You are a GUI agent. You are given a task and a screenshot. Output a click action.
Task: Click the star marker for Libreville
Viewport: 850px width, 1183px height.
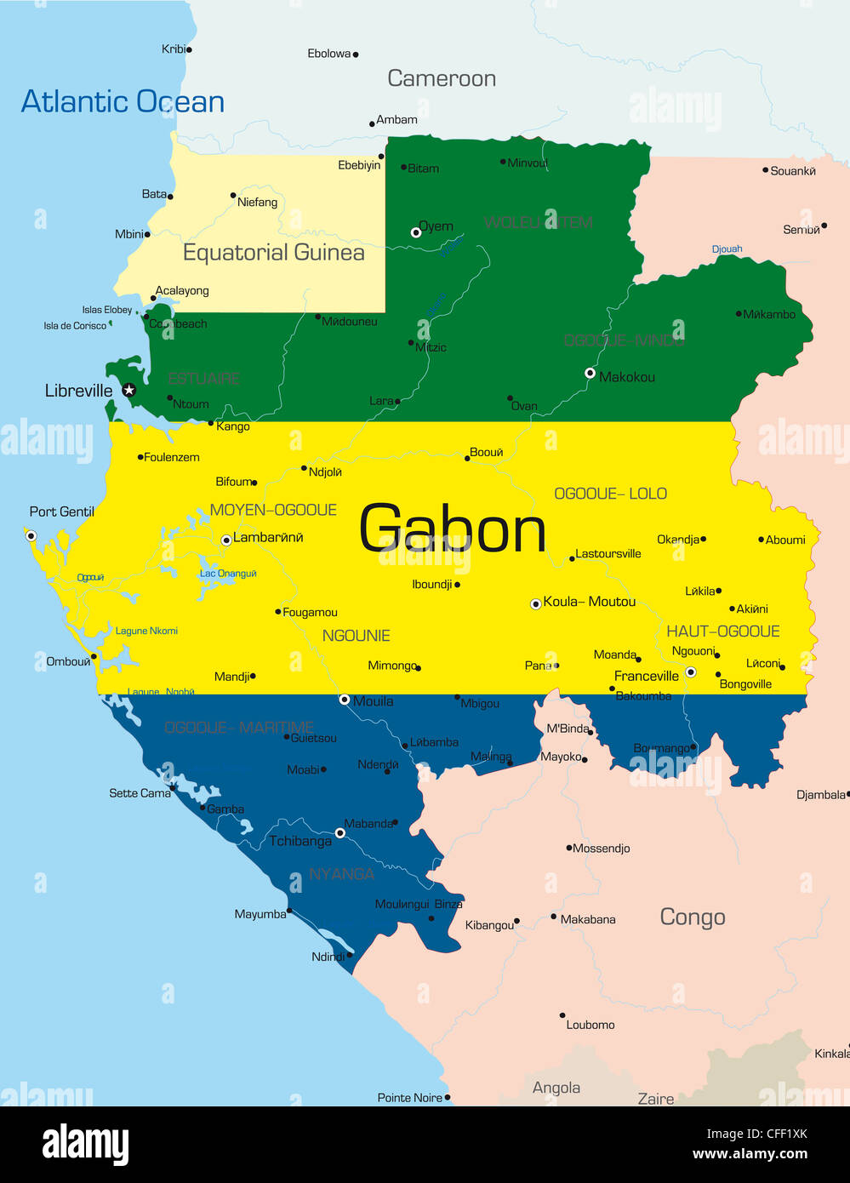(x=128, y=390)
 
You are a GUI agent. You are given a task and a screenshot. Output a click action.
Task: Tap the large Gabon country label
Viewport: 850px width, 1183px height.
(x=452, y=529)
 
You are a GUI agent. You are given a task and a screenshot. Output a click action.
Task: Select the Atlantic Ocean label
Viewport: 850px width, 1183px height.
(x=123, y=102)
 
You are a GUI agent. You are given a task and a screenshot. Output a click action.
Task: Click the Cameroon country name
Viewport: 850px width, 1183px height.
(x=441, y=78)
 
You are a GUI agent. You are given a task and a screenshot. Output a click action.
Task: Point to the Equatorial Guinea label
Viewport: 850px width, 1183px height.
(x=273, y=253)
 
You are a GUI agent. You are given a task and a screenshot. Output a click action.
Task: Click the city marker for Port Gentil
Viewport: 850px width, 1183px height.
(x=31, y=535)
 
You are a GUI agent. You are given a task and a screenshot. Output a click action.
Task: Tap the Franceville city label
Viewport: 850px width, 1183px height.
(x=646, y=676)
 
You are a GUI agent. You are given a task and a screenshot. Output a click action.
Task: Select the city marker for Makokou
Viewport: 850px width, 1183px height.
(x=590, y=373)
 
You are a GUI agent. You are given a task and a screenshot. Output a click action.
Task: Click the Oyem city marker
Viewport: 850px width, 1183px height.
(x=416, y=231)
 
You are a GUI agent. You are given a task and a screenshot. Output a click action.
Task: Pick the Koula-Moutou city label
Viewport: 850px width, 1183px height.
(x=589, y=602)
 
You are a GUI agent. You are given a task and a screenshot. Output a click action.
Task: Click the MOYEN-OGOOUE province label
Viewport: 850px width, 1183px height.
(x=273, y=510)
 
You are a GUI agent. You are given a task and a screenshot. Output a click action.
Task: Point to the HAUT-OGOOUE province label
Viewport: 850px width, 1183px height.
(x=722, y=631)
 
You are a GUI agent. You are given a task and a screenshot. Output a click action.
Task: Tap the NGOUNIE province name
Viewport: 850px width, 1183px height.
(x=356, y=636)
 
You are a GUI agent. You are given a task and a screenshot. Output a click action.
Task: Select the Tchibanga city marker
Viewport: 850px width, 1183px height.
(x=340, y=833)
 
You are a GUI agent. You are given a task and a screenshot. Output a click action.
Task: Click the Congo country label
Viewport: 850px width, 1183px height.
(x=692, y=917)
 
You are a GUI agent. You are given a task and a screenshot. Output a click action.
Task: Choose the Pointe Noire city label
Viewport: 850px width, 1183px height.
(x=409, y=1098)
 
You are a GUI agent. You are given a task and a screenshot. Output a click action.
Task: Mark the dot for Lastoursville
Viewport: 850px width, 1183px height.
(x=572, y=558)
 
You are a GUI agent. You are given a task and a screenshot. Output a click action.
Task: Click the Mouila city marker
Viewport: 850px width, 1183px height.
(x=345, y=700)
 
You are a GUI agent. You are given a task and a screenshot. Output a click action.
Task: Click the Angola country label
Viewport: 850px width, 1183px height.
(x=556, y=1088)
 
